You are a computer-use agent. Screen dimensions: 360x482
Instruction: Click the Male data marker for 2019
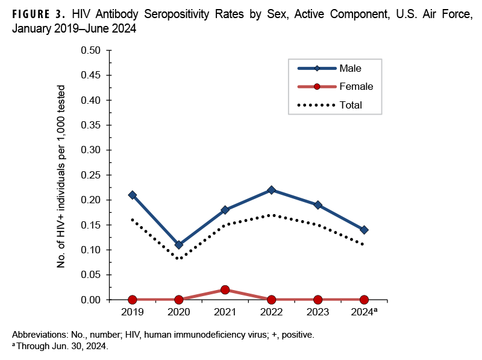pyautogui.click(x=133, y=195)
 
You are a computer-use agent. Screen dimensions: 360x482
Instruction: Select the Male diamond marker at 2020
pyautogui.click(x=179, y=245)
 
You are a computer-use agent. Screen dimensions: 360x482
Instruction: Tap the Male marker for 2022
pyautogui.click(x=271, y=190)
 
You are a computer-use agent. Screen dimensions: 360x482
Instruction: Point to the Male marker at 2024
pyautogui.click(x=364, y=230)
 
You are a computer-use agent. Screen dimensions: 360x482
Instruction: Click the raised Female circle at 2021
pyautogui.click(x=225, y=289)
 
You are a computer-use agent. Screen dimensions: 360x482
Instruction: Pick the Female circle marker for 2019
pyautogui.click(x=133, y=300)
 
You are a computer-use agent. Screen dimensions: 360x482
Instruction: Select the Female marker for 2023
pyautogui.click(x=318, y=300)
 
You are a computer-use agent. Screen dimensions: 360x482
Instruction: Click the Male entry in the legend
pyautogui.click(x=350, y=68)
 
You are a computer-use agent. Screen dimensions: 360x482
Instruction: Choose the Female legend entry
pyautogui.click(x=356, y=86)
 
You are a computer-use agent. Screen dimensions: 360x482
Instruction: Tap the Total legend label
pyautogui.click(x=351, y=105)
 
